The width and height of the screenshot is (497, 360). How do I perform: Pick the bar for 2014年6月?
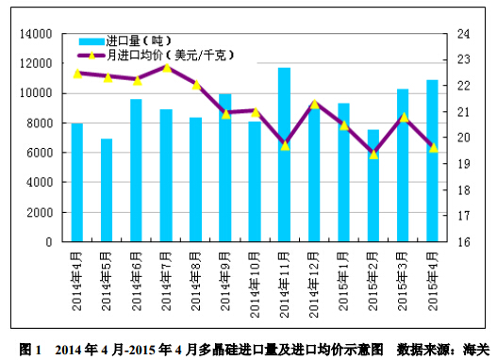[x=136, y=171]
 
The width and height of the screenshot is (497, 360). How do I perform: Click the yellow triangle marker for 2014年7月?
[x=167, y=68]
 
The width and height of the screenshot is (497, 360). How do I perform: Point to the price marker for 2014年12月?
[x=314, y=104]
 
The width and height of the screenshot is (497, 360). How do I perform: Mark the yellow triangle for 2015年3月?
[x=404, y=117]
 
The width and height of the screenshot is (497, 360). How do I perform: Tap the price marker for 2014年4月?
[x=77, y=73]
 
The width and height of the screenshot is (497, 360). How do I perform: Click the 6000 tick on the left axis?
[x=39, y=153]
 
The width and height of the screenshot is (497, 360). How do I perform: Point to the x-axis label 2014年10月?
[x=255, y=273]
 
